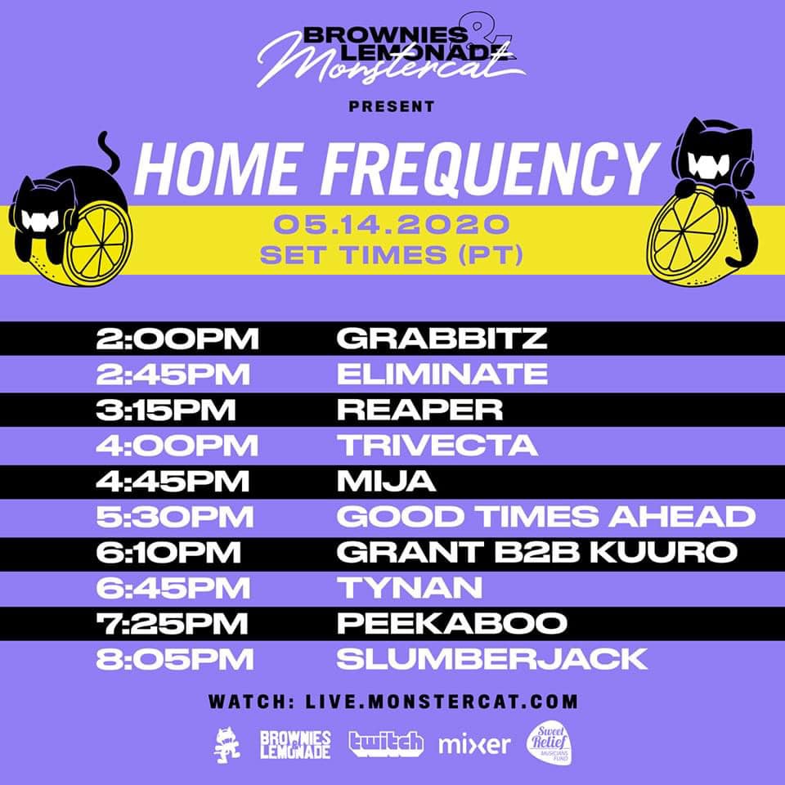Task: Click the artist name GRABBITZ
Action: coord(442,339)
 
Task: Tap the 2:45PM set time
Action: coord(173,374)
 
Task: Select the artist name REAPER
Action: coord(419,410)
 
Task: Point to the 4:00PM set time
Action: coord(177,445)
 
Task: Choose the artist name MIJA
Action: coord(386,481)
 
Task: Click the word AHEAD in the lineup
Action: coord(682,517)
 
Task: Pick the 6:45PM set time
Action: coord(173,588)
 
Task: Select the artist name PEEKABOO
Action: coord(451,623)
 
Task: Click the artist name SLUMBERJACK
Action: coord(492,659)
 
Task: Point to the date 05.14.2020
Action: coord(392,224)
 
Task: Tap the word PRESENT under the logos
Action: coord(392,106)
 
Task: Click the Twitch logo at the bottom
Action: coord(385,744)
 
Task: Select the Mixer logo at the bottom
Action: coord(474,744)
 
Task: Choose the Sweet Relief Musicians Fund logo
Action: coord(549,744)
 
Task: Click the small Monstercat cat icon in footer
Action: coord(227,745)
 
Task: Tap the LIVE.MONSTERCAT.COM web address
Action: coord(442,702)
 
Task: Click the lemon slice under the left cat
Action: coord(100,243)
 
